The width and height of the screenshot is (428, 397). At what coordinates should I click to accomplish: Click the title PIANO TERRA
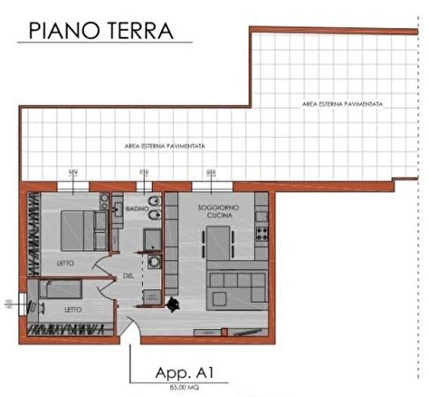tap(101, 30)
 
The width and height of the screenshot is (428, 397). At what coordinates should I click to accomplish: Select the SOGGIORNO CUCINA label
tap(214, 212)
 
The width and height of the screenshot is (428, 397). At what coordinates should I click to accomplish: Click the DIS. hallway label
tap(129, 277)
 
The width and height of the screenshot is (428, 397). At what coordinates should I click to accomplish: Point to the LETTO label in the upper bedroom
tap(67, 263)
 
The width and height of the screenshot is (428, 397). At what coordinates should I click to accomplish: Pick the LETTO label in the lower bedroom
tap(73, 309)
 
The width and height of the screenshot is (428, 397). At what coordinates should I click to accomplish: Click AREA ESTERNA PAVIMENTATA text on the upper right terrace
tap(342, 103)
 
